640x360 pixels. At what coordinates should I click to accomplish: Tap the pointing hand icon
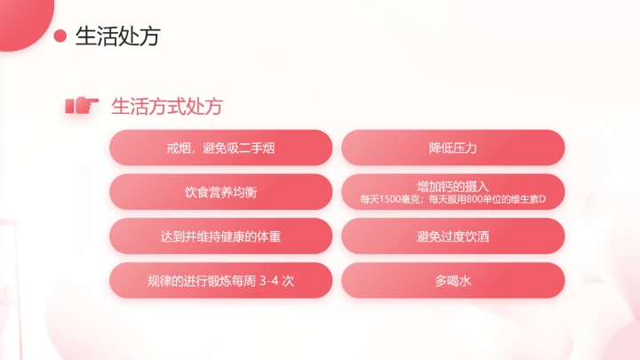[x=81, y=106]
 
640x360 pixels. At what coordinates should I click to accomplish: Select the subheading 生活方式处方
[x=166, y=106]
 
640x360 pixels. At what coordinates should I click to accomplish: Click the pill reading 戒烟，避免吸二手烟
[x=220, y=148]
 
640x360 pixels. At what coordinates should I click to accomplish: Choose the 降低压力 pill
[x=453, y=148]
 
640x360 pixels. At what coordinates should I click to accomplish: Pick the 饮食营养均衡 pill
[x=220, y=192]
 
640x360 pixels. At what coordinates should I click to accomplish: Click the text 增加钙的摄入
[x=453, y=187]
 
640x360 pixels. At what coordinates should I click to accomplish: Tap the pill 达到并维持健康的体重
[x=220, y=236]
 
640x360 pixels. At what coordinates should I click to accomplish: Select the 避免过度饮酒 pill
[x=453, y=236]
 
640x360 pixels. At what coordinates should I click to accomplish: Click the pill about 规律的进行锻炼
[x=220, y=281]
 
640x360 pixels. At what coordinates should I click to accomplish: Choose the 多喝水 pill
[x=453, y=281]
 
